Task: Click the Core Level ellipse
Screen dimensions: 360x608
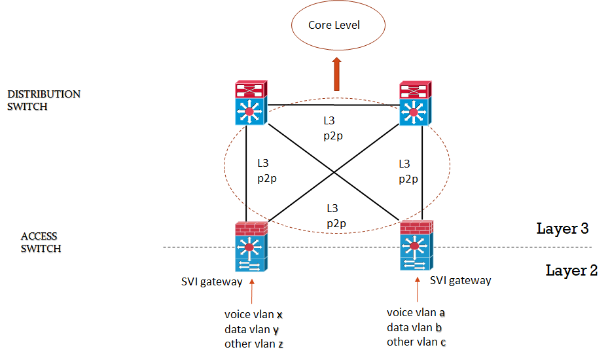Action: [x=334, y=26]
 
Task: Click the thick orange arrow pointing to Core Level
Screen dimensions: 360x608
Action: [x=337, y=73]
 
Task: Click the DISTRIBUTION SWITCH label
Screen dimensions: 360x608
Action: [x=44, y=100]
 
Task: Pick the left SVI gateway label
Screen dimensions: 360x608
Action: [x=211, y=282]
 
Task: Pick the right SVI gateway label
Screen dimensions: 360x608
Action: [x=460, y=280]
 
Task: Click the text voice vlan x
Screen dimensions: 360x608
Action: [x=254, y=314]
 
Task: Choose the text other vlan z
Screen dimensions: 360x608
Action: [x=254, y=343]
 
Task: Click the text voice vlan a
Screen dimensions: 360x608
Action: [x=416, y=313]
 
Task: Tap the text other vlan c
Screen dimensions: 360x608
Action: [x=416, y=342]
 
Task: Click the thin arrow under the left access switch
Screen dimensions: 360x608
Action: [x=252, y=291]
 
